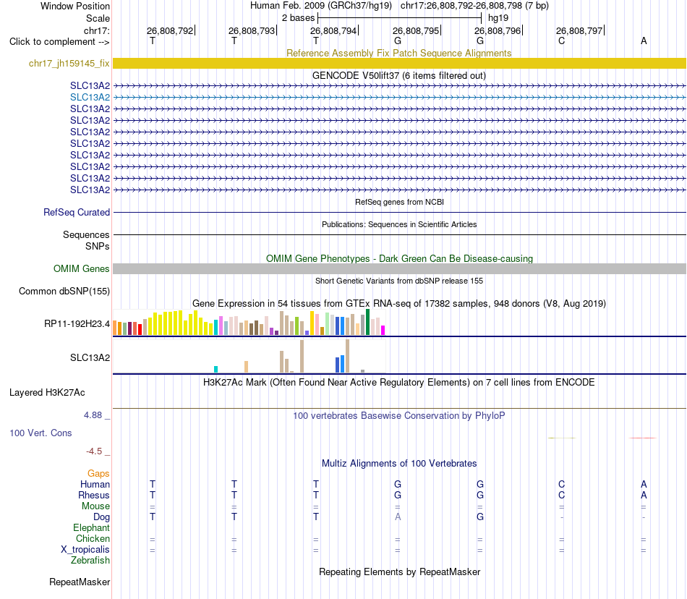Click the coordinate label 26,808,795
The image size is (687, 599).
[x=415, y=30]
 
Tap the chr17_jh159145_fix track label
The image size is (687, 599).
[x=69, y=63]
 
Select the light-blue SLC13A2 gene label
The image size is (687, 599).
[x=90, y=97]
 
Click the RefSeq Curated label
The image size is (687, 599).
[x=77, y=212]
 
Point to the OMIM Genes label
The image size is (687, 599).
[x=82, y=268]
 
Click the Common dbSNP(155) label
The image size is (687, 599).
[x=64, y=292]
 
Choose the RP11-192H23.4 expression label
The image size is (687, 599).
[x=77, y=324]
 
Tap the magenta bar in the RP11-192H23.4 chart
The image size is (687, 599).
[x=383, y=331]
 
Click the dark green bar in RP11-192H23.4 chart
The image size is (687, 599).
[x=367, y=322]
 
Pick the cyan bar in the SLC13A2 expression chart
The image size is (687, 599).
[x=216, y=370]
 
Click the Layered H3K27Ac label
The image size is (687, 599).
[x=47, y=393]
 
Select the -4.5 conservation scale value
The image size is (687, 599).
[x=94, y=451]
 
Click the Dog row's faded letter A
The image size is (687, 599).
[x=398, y=517]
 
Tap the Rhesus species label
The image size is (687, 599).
[x=94, y=495]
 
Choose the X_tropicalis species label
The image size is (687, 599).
[x=85, y=550]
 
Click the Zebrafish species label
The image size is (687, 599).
[x=90, y=561]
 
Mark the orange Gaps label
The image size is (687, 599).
[x=98, y=474]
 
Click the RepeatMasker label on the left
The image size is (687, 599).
[x=80, y=582]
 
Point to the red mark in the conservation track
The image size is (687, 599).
[x=643, y=438]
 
